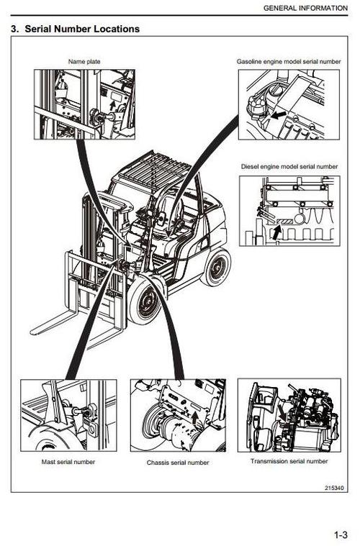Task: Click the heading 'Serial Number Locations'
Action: click(75, 29)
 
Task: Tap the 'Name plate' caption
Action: click(84, 62)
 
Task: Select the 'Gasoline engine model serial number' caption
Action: click(287, 62)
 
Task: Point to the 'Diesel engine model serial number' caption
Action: click(289, 166)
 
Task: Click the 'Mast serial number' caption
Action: click(68, 461)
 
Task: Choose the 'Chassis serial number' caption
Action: click(178, 463)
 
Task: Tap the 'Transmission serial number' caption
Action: click(289, 460)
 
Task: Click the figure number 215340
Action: click(334, 488)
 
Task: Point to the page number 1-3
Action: click(340, 534)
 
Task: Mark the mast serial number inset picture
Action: click(68, 415)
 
